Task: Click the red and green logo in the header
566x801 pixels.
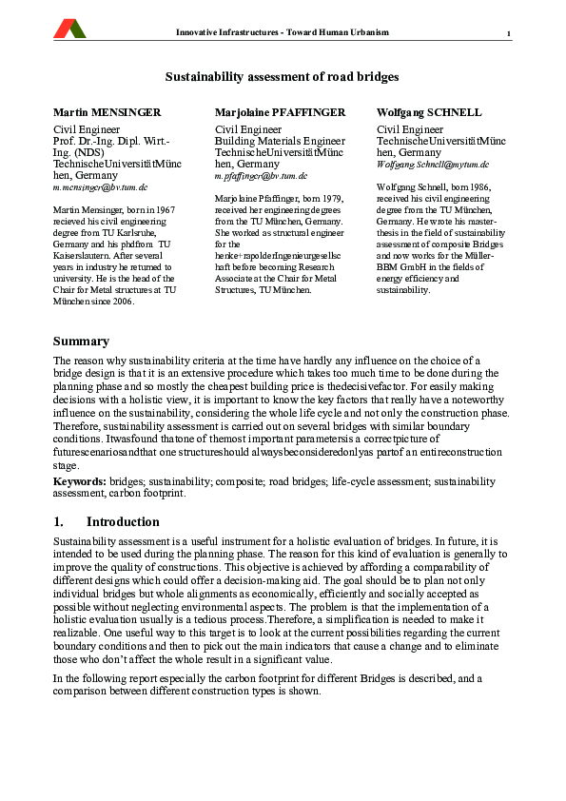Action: (x=69, y=29)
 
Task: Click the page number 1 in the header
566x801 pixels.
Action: (x=509, y=35)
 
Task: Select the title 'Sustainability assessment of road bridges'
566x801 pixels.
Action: (x=283, y=76)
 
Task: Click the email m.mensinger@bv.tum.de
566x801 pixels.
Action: (x=100, y=188)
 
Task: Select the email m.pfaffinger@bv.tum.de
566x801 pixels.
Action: (x=262, y=176)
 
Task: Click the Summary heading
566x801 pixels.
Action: (x=81, y=342)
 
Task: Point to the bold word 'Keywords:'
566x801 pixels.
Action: (x=80, y=482)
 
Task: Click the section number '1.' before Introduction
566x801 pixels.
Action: (x=58, y=522)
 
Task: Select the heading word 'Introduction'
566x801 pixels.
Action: (x=123, y=522)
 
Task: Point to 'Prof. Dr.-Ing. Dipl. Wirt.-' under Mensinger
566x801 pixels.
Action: (x=113, y=141)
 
